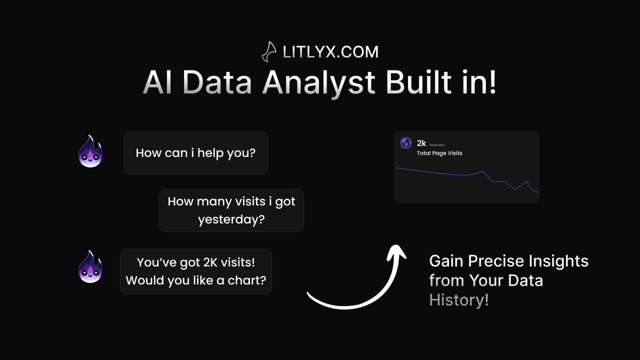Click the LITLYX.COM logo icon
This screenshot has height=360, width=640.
(x=268, y=52)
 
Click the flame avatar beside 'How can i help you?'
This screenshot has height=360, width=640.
(x=90, y=151)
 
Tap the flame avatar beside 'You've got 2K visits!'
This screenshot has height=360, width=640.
(x=90, y=266)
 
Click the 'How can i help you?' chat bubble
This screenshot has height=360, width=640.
(x=196, y=153)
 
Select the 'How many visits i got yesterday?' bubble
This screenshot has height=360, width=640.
(x=231, y=210)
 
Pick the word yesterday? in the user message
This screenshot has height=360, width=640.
(x=231, y=219)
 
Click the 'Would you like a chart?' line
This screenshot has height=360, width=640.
(x=196, y=280)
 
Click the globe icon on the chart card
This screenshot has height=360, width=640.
(x=406, y=143)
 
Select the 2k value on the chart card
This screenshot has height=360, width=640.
(x=421, y=143)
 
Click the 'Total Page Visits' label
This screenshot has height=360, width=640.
(x=439, y=153)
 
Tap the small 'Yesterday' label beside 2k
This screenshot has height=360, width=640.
(x=437, y=145)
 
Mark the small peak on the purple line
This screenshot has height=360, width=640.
(x=483, y=171)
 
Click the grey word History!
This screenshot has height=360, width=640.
(x=459, y=300)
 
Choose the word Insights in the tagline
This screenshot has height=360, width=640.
(x=555, y=261)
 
